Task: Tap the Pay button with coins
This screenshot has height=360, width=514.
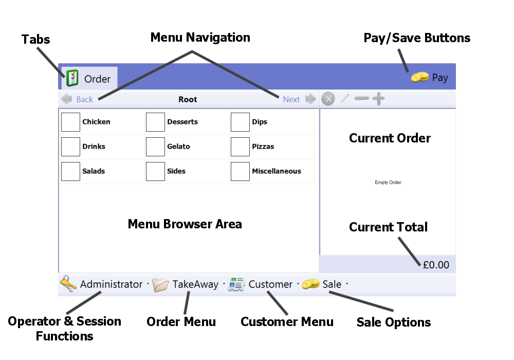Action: (430, 78)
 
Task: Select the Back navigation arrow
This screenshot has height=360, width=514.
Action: (77, 99)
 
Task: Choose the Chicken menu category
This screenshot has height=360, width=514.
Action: (96, 122)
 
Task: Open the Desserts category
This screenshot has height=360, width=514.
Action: (182, 122)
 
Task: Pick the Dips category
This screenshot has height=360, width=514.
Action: (259, 122)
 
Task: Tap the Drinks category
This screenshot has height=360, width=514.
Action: (94, 147)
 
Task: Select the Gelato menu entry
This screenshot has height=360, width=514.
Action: (178, 147)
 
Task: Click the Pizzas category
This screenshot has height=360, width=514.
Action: (263, 147)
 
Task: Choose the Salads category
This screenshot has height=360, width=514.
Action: (94, 171)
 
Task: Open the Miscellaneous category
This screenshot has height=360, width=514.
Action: (276, 171)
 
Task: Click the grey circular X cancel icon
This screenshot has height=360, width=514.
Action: (328, 99)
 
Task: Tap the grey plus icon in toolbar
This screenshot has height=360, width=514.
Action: (378, 99)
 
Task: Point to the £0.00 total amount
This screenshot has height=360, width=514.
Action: (436, 265)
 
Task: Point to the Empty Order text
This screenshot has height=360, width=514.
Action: (388, 183)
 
